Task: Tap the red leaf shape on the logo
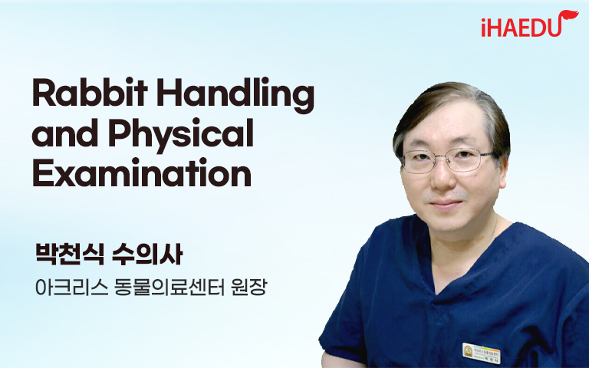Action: click(568, 16)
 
